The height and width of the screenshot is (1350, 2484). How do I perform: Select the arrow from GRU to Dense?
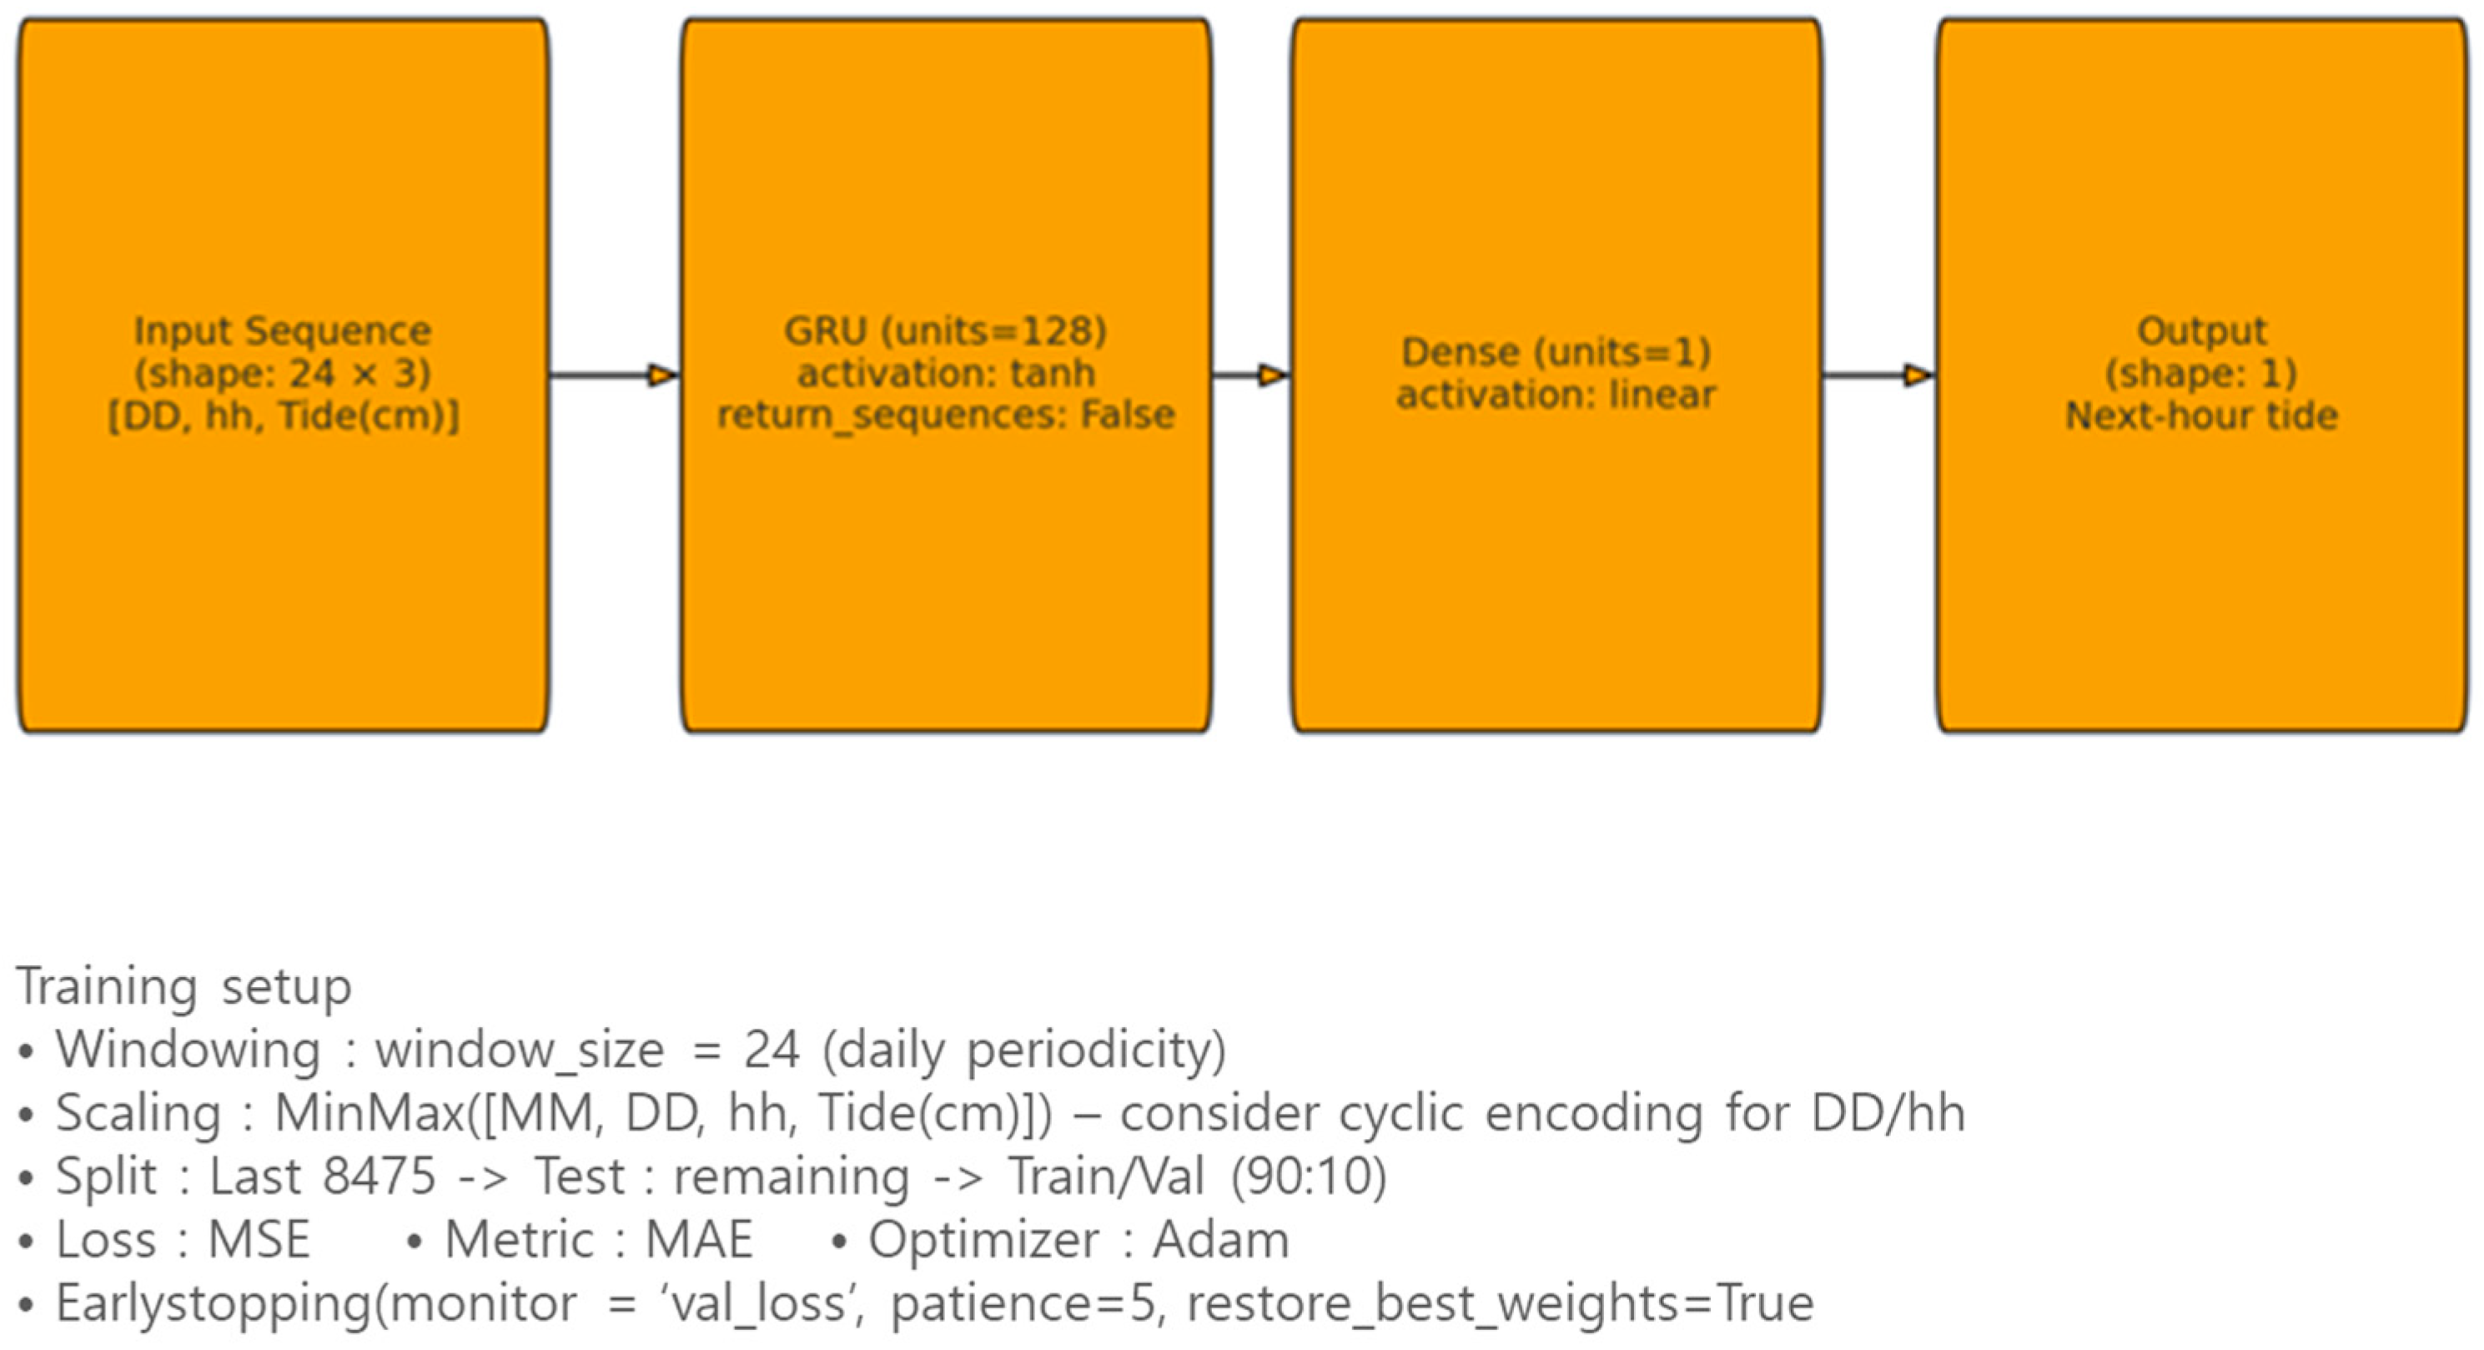tap(1250, 375)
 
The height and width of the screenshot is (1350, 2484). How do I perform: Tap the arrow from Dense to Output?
tap(1877, 375)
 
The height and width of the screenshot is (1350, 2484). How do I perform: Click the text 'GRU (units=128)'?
tap(945, 330)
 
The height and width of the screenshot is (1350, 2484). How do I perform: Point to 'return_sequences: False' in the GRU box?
tap(945, 416)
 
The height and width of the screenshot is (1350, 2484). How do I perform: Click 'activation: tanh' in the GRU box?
tap(945, 373)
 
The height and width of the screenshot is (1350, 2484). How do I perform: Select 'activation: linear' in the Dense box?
tap(1556, 395)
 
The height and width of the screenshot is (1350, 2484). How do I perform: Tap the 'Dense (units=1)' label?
tap(1556, 352)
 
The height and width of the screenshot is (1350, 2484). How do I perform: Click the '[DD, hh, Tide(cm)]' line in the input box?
tap(283, 416)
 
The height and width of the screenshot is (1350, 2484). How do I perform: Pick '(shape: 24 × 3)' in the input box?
tap(283, 373)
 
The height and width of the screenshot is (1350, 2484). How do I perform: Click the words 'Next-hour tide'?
tap(2201, 416)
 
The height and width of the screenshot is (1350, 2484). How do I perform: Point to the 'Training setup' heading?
tap(184, 986)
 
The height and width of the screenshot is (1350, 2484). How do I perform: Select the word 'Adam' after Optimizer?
tap(1221, 1240)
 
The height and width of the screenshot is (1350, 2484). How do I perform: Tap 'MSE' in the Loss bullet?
tap(259, 1240)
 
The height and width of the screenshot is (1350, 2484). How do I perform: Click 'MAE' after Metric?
tap(698, 1240)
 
